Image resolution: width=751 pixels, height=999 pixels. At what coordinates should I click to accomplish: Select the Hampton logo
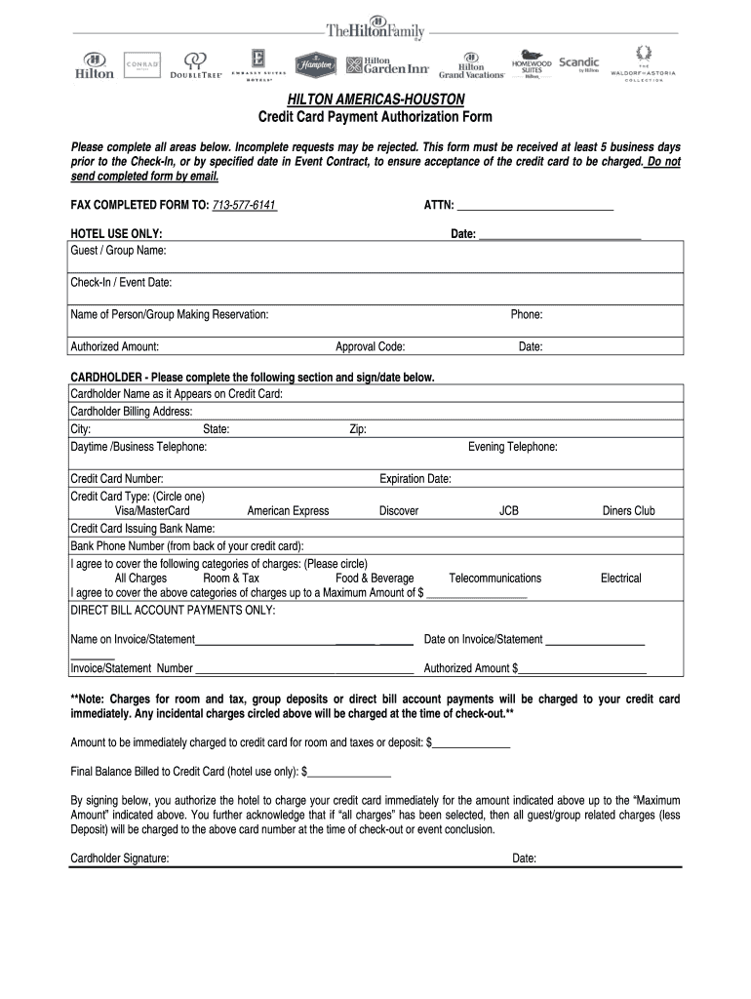click(x=316, y=64)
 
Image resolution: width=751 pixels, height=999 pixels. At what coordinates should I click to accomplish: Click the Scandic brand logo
click(x=578, y=64)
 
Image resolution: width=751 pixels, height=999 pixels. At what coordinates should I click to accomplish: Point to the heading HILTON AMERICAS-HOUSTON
click(x=375, y=100)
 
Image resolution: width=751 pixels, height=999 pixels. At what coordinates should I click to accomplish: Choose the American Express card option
click(x=288, y=510)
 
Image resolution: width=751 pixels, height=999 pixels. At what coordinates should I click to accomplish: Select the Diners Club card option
click(x=628, y=510)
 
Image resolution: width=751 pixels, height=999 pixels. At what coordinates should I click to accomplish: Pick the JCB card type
click(x=509, y=510)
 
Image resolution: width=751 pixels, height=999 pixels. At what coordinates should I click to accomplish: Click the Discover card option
click(x=399, y=510)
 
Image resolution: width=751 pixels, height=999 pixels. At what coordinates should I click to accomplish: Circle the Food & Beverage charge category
click(x=375, y=579)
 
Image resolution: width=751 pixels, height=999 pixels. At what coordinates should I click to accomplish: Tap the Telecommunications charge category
click(x=494, y=579)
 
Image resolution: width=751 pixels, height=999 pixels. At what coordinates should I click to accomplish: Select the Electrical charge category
click(x=620, y=579)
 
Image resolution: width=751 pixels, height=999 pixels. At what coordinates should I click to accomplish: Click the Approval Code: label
click(x=370, y=346)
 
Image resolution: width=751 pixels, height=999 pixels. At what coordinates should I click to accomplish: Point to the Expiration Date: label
click(x=415, y=479)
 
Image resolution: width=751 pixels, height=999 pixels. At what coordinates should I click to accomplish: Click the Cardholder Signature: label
click(x=119, y=859)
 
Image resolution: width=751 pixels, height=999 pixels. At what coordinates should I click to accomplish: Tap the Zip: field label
click(x=358, y=429)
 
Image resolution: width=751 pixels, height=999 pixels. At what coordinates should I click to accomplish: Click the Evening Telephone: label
click(x=512, y=447)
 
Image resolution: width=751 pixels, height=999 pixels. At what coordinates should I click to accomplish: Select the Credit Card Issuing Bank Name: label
click(x=142, y=528)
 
